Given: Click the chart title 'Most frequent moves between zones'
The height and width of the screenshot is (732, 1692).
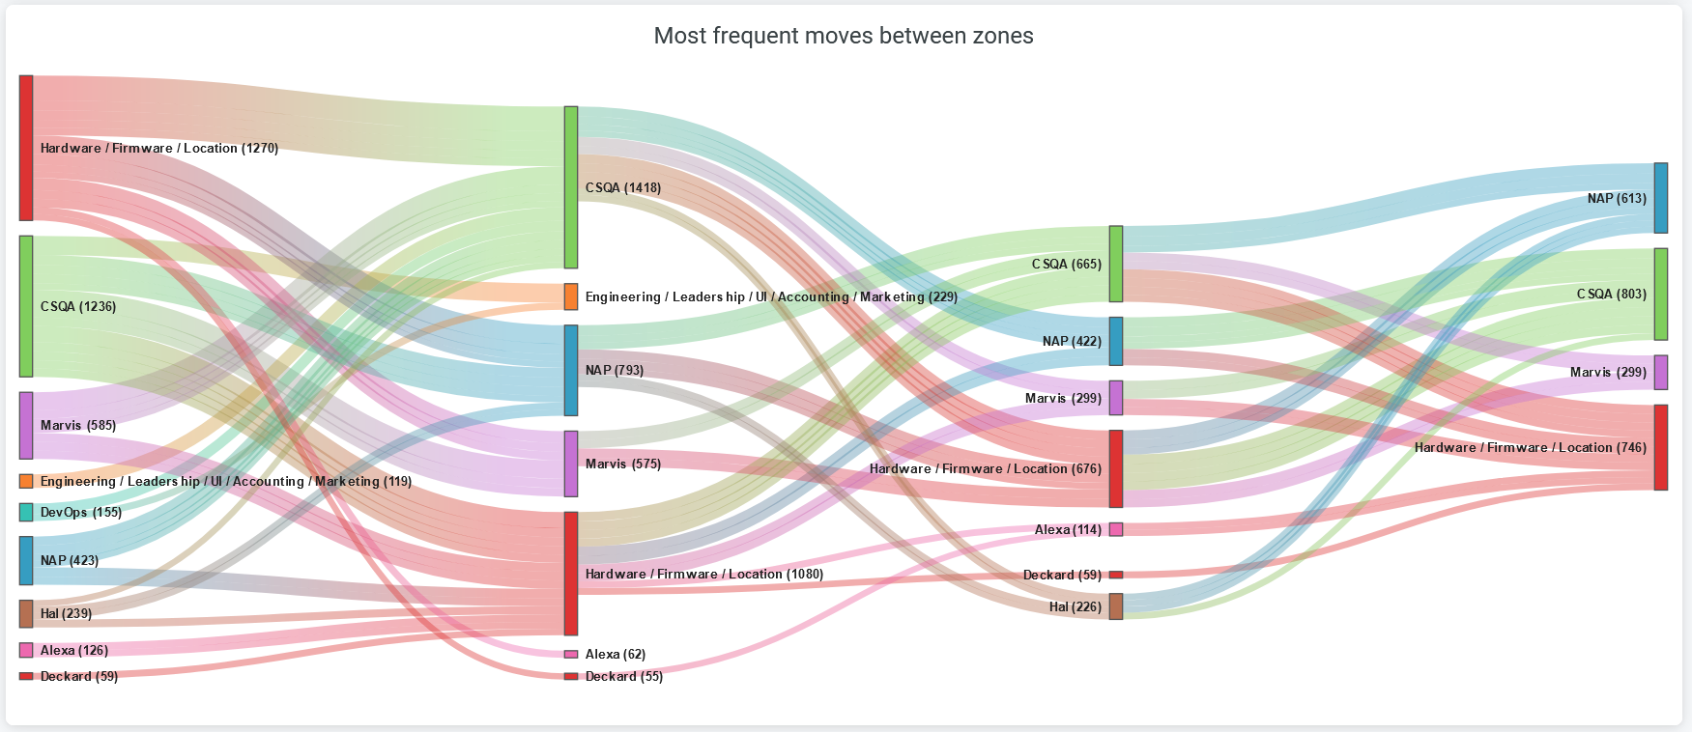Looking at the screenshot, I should click(x=844, y=36).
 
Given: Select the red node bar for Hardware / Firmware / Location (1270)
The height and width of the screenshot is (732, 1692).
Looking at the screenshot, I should click(x=26, y=148).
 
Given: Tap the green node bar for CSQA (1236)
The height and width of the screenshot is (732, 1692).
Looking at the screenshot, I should click(x=26, y=306).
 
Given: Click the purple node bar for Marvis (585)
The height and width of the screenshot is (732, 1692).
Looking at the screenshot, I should click(x=26, y=425).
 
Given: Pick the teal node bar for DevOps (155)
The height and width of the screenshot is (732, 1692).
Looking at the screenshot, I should click(x=26, y=512).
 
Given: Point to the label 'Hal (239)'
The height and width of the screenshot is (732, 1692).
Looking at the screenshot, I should click(x=66, y=613).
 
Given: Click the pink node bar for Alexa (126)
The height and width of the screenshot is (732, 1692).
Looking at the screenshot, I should click(x=26, y=650).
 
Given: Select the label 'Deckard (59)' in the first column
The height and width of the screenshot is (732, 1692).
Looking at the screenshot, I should click(x=78, y=676).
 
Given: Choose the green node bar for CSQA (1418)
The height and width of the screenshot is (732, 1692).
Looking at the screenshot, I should click(x=571, y=187).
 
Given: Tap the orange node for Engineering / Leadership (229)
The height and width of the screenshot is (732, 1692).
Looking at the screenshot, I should click(x=571, y=296).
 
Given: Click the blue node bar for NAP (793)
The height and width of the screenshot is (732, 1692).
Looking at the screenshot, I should click(x=571, y=370).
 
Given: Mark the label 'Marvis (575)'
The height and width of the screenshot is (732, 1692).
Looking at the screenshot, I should click(x=623, y=464).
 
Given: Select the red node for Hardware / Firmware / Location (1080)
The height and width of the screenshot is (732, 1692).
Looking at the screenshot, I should click(x=571, y=574).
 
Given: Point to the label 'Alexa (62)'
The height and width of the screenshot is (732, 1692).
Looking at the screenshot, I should click(x=616, y=654).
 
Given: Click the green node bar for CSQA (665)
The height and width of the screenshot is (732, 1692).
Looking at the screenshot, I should click(x=1116, y=264).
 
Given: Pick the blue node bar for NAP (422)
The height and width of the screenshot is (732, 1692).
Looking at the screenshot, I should click(x=1116, y=341).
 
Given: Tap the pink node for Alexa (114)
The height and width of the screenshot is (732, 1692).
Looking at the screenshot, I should click(x=1116, y=529).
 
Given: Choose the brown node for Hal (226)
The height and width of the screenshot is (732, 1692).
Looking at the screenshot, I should click(x=1116, y=606).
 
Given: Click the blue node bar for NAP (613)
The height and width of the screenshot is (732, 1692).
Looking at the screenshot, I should click(x=1661, y=198).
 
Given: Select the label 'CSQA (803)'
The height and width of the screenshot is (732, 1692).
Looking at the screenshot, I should click(x=1612, y=294).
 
